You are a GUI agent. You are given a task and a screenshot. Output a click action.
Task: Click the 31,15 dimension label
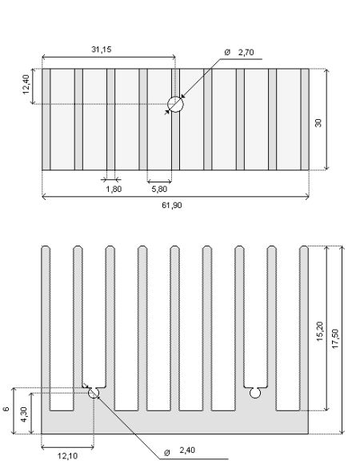click(x=102, y=50)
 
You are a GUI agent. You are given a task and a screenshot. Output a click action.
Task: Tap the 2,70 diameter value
click(x=246, y=52)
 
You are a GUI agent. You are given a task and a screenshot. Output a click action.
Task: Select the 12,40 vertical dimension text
click(x=26, y=85)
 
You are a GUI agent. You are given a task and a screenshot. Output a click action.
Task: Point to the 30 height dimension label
click(x=318, y=123)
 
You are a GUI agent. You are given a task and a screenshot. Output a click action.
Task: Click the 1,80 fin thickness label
click(x=114, y=189)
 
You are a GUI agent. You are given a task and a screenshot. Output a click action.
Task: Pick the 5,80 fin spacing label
click(x=159, y=189)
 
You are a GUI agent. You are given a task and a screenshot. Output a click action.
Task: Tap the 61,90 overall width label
click(x=172, y=206)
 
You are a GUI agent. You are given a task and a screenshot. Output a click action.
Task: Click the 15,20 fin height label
click(x=319, y=331)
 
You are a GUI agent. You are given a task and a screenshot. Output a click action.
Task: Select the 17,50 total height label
click(x=335, y=338)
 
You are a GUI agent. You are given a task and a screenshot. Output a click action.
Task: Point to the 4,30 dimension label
click(x=24, y=414)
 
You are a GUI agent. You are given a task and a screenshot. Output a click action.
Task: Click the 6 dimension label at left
click(x=6, y=409)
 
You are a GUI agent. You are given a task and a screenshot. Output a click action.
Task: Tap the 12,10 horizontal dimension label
click(x=67, y=456)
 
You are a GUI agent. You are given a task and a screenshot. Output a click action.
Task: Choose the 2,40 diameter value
click(x=187, y=450)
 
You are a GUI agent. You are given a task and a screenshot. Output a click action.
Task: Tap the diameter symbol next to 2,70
click(x=227, y=52)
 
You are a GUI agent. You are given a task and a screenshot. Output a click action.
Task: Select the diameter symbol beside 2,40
click(x=167, y=452)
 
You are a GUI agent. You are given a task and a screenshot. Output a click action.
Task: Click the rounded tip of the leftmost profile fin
click(x=46, y=248)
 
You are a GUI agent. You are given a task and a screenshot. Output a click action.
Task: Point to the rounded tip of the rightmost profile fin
click(x=304, y=248)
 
